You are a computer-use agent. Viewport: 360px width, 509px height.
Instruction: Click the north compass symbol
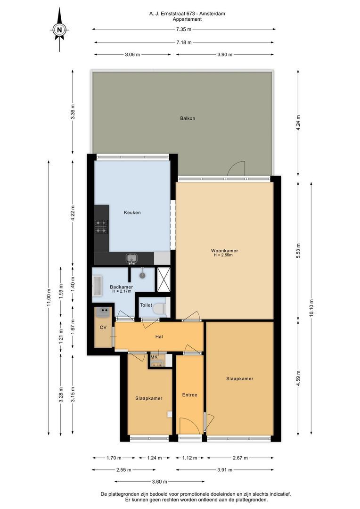click(59, 30)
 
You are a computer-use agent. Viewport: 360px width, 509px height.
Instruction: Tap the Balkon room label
click(188, 118)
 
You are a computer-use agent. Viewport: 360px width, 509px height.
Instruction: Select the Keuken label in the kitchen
click(132, 213)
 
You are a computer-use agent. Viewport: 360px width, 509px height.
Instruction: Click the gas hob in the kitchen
click(101, 227)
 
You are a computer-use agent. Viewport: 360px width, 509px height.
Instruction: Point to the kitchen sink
click(131, 258)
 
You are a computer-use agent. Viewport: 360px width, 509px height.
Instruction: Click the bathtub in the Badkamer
click(98, 285)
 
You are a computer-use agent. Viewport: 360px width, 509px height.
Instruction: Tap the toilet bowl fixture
click(158, 309)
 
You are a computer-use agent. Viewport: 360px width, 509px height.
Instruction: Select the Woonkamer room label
click(224, 251)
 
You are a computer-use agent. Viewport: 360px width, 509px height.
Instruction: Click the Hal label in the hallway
click(159, 337)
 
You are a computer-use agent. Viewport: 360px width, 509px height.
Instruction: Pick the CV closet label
click(103, 328)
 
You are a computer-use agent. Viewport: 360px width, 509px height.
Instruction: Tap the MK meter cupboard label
click(154, 357)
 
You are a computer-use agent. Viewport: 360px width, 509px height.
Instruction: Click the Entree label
click(189, 395)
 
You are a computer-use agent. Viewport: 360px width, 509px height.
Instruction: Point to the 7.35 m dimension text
click(184, 29)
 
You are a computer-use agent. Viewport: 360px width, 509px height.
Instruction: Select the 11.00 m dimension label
click(49, 298)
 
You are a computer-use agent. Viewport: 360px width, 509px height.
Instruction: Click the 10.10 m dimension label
click(311, 308)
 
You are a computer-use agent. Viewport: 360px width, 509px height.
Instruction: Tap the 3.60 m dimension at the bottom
click(159, 482)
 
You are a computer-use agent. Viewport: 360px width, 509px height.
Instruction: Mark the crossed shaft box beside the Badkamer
click(164, 279)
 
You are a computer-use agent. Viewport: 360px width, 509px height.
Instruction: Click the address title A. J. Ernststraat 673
click(172, 14)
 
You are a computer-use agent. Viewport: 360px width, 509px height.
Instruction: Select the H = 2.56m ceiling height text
click(223, 255)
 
